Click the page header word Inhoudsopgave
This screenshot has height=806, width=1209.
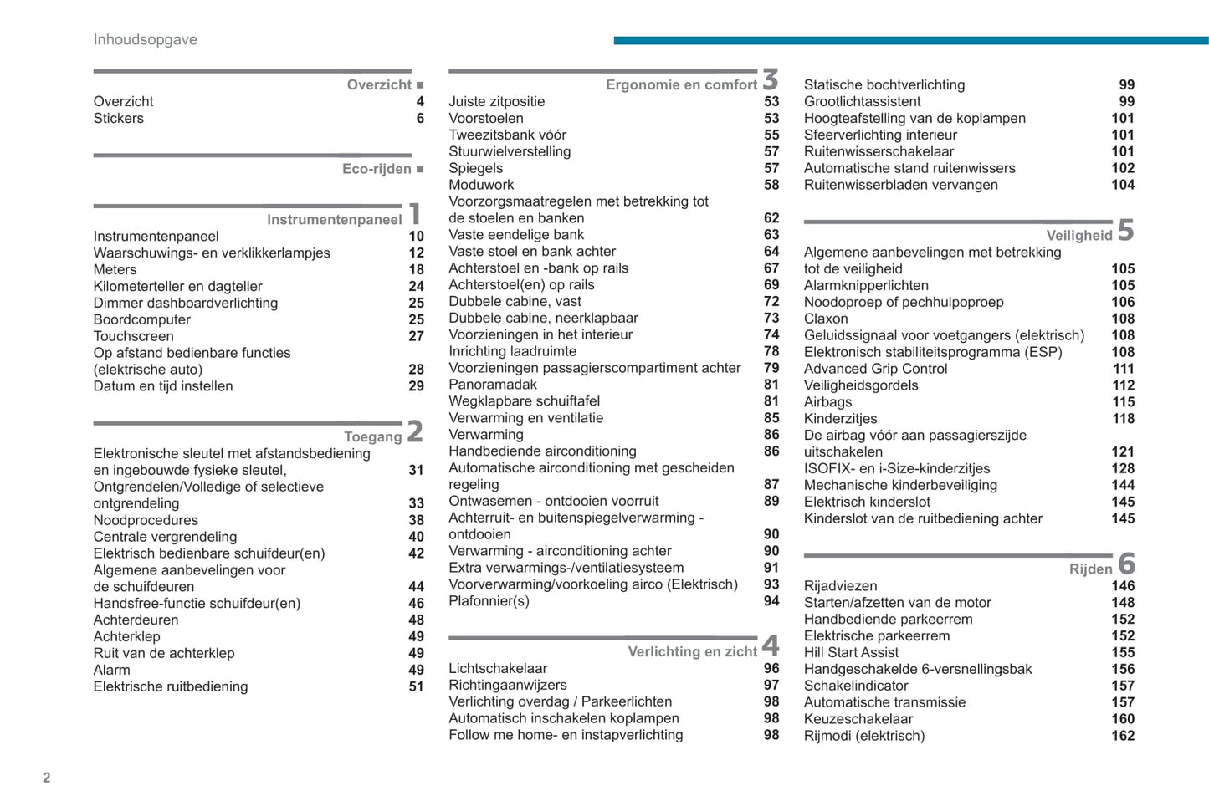(145, 40)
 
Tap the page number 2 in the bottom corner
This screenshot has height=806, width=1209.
(47, 778)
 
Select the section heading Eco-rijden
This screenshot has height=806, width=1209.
(377, 169)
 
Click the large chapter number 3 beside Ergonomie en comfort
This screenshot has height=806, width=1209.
(771, 80)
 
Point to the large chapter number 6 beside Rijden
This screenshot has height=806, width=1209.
(1126, 564)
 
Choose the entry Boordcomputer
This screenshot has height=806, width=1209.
(141, 319)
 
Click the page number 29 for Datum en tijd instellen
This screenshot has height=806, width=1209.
(416, 386)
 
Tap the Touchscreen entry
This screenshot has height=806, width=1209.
(133, 336)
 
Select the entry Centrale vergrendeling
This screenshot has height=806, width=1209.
(165, 537)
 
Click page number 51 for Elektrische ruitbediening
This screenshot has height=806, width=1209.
(416, 686)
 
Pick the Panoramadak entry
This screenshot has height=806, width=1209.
(493, 385)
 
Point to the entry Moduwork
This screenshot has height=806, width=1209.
(481, 185)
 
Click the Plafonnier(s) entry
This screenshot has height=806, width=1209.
(489, 601)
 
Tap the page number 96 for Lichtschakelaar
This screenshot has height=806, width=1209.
(771, 669)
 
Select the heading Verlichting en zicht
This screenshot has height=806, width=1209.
(692, 652)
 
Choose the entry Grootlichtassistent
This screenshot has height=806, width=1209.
(862, 101)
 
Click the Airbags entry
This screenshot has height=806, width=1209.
(827, 402)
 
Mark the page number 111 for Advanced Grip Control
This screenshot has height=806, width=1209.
(1123, 369)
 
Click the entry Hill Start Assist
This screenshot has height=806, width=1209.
(851, 652)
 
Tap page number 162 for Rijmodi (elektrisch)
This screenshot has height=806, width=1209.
(1123, 736)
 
